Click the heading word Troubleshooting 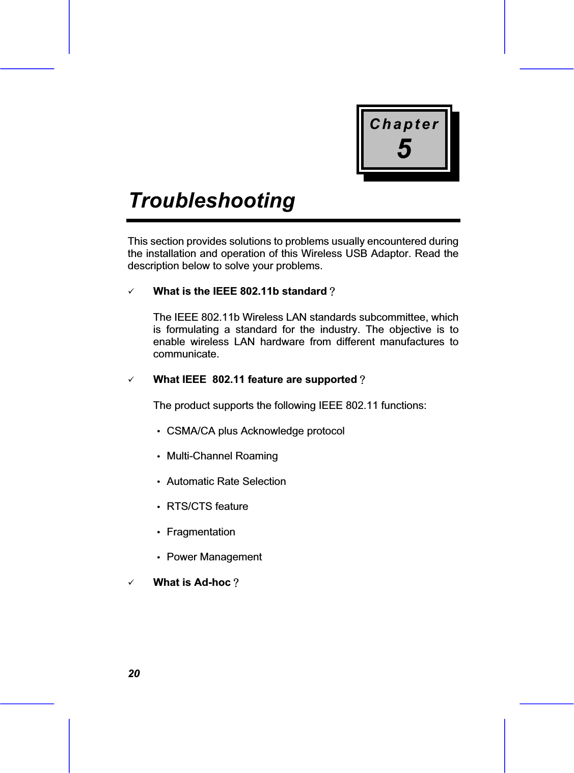click(212, 200)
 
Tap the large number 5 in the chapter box click(404, 149)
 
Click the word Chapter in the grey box click(404, 124)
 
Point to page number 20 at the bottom click(133, 674)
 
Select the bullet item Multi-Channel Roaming click(222, 456)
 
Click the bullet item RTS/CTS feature click(207, 506)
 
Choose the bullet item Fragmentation click(201, 532)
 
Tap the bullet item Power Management click(214, 557)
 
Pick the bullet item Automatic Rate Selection click(226, 481)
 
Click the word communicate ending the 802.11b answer click(186, 354)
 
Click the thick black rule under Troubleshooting click(293, 221)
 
